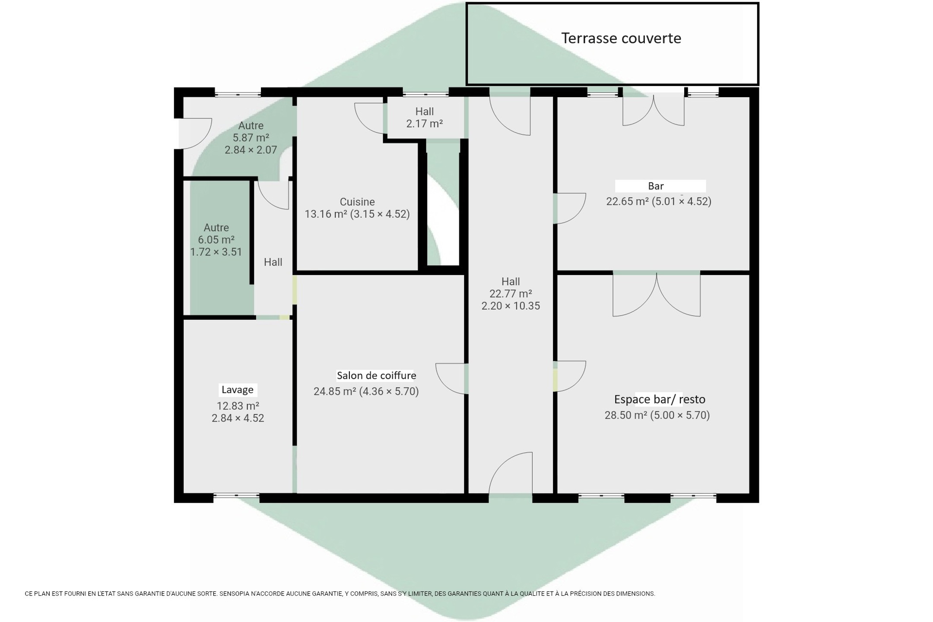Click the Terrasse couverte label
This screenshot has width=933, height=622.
621,38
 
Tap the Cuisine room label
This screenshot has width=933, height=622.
357,202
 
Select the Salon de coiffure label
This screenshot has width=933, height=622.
376,375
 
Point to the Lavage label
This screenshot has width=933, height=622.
237,390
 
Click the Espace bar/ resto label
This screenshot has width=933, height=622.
660,399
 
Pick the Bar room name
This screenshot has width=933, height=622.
656,186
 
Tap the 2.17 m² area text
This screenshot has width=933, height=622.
424,124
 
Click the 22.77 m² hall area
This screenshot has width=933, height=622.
511,294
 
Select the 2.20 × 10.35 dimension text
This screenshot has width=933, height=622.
511,306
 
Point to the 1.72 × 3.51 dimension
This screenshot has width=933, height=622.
216,252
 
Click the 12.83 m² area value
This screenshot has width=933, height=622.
238,406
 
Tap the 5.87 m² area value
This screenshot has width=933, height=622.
251,138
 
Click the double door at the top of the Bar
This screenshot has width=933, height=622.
653,111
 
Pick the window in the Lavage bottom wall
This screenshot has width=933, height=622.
236,496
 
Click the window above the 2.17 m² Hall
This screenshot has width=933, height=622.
425,94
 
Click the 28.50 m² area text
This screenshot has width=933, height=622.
626,415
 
